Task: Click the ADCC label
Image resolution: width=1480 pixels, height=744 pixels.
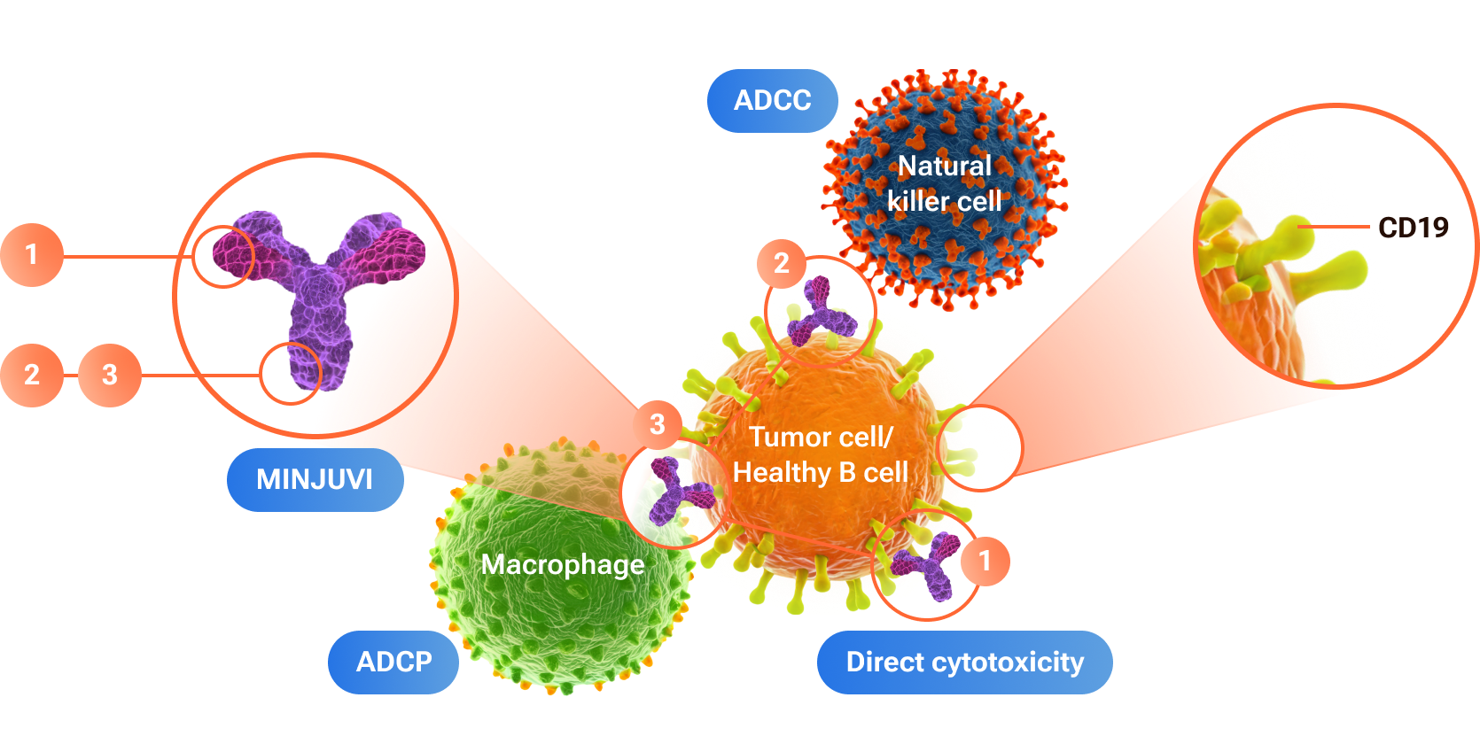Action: click(772, 101)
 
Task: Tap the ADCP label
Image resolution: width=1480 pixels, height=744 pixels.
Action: click(393, 662)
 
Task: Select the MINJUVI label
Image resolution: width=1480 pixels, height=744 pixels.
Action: click(315, 479)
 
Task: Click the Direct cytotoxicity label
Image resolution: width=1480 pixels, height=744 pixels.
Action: click(964, 662)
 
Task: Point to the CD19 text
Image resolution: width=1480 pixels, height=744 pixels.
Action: click(1413, 228)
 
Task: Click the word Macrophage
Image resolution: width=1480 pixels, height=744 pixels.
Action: click(563, 564)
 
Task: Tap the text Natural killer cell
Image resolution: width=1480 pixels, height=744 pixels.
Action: click(945, 183)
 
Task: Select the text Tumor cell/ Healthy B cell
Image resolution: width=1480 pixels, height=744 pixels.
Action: click(821, 454)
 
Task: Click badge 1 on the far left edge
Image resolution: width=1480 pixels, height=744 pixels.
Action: click(32, 255)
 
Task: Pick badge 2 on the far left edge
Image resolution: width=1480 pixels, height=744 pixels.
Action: click(32, 375)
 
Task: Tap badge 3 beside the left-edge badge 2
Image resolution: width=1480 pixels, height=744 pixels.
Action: click(110, 375)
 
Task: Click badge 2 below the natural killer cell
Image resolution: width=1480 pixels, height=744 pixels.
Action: click(781, 263)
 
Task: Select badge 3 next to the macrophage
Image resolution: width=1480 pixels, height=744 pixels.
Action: click(657, 424)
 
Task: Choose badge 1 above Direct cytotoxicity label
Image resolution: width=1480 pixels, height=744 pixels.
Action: click(985, 561)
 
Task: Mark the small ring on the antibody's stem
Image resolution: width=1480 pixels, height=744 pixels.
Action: click(290, 374)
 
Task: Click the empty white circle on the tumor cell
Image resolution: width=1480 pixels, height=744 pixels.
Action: click(979, 448)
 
